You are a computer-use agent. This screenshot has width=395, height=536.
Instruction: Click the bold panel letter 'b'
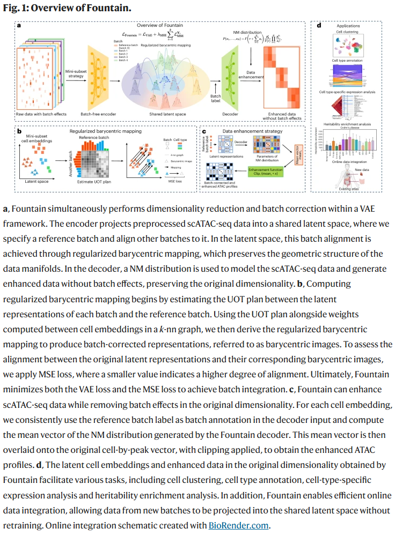(19, 130)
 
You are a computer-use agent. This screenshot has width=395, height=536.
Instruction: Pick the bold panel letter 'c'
(203, 130)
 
